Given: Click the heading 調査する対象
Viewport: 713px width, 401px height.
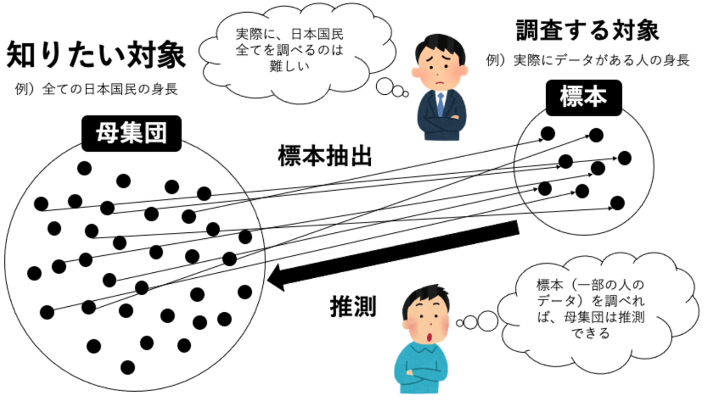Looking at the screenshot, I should pos(587,31).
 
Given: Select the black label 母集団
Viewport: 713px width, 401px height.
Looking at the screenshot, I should pos(131,133).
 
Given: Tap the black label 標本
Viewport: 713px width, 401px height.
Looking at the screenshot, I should pos(584,98).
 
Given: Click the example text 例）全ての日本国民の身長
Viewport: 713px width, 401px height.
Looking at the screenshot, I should pos(97,89).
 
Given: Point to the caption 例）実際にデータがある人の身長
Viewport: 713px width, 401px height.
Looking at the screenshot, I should pos(587,61).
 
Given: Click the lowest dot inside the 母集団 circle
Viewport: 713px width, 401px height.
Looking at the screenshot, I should pos(128,367).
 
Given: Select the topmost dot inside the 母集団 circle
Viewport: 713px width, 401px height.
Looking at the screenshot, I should pos(84,168).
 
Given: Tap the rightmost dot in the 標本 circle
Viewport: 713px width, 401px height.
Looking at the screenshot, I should pos(624,158).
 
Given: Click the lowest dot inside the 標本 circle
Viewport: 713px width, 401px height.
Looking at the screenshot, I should pos(618,203).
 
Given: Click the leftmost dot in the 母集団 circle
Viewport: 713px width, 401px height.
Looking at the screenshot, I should pos(34,272).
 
